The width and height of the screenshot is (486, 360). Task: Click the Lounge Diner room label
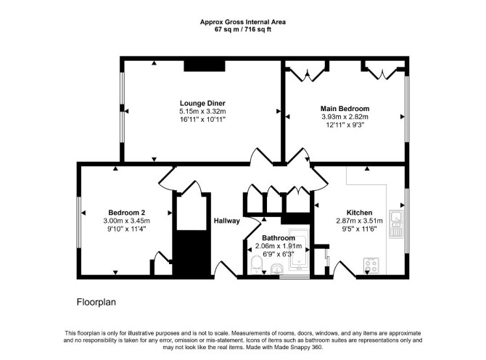[202, 103]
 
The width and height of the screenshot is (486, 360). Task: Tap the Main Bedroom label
[345, 109]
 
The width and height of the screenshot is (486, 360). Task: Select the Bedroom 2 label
[126, 213]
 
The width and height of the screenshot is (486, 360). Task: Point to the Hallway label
[227, 221]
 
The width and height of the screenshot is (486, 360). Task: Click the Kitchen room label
[359, 213]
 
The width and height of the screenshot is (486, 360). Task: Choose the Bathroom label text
[279, 238]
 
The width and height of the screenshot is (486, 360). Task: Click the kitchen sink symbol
[397, 224]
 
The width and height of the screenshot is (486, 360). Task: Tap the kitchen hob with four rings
[371, 266]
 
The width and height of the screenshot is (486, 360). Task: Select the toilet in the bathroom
[256, 265]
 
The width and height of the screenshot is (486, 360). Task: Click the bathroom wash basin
[277, 269]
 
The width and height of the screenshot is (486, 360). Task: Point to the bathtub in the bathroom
[299, 250]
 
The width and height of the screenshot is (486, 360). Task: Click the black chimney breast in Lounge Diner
[205, 66]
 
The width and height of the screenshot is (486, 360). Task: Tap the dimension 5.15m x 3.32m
[202, 112]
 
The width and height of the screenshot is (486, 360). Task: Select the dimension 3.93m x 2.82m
[345, 117]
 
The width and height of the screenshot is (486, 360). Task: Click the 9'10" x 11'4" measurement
[126, 229]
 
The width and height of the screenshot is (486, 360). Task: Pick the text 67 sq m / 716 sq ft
[243, 30]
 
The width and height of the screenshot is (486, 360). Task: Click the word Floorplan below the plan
[96, 302]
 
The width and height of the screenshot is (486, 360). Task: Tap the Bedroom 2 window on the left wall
[79, 222]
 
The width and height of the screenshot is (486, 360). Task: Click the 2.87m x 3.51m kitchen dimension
[359, 221]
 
